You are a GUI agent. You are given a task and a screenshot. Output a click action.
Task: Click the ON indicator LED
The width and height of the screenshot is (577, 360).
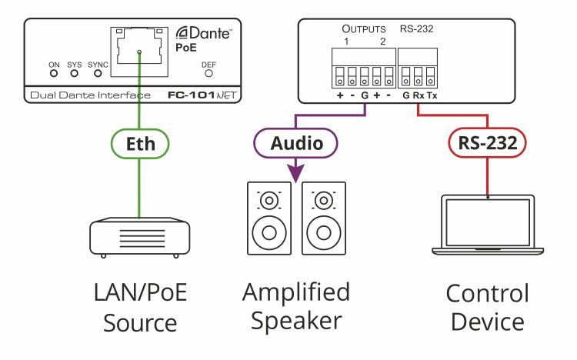[54, 73]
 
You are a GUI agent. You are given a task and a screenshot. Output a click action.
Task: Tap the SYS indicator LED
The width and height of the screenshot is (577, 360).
[75, 73]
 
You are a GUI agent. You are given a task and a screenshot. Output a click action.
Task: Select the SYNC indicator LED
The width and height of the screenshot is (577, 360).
[98, 73]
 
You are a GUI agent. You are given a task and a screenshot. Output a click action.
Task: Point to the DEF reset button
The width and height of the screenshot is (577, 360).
[208, 73]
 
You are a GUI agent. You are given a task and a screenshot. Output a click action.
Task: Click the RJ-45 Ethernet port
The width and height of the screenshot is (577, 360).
[139, 52]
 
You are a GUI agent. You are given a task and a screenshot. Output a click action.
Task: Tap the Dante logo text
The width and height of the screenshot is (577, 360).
[204, 33]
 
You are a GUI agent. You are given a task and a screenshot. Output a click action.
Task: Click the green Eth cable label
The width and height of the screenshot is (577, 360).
[140, 144]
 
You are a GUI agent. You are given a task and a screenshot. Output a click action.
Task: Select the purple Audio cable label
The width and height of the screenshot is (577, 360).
[295, 143]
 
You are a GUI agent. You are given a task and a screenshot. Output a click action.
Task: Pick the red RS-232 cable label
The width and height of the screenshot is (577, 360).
[487, 143]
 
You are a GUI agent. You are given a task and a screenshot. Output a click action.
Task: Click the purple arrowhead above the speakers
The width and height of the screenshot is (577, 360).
[295, 173]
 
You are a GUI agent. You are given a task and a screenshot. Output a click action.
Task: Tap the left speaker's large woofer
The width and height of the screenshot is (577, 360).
[269, 232]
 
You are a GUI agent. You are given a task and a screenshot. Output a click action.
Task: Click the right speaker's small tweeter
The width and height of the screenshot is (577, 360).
[324, 201]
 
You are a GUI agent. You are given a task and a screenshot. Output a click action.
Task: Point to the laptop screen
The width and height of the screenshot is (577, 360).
[488, 222]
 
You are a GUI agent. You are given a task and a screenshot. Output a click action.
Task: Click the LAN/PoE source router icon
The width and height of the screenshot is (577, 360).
[140, 238]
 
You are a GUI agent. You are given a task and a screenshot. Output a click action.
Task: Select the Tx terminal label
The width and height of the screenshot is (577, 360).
[432, 95]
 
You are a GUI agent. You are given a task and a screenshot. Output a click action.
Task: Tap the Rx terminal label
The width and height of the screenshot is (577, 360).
[419, 95]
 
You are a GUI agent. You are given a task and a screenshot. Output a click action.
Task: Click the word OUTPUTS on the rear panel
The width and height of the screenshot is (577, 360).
[364, 29]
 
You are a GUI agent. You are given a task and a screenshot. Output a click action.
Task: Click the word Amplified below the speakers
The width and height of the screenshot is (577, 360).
[296, 292]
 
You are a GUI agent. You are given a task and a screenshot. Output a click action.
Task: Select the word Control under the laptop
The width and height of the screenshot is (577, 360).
[487, 293]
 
